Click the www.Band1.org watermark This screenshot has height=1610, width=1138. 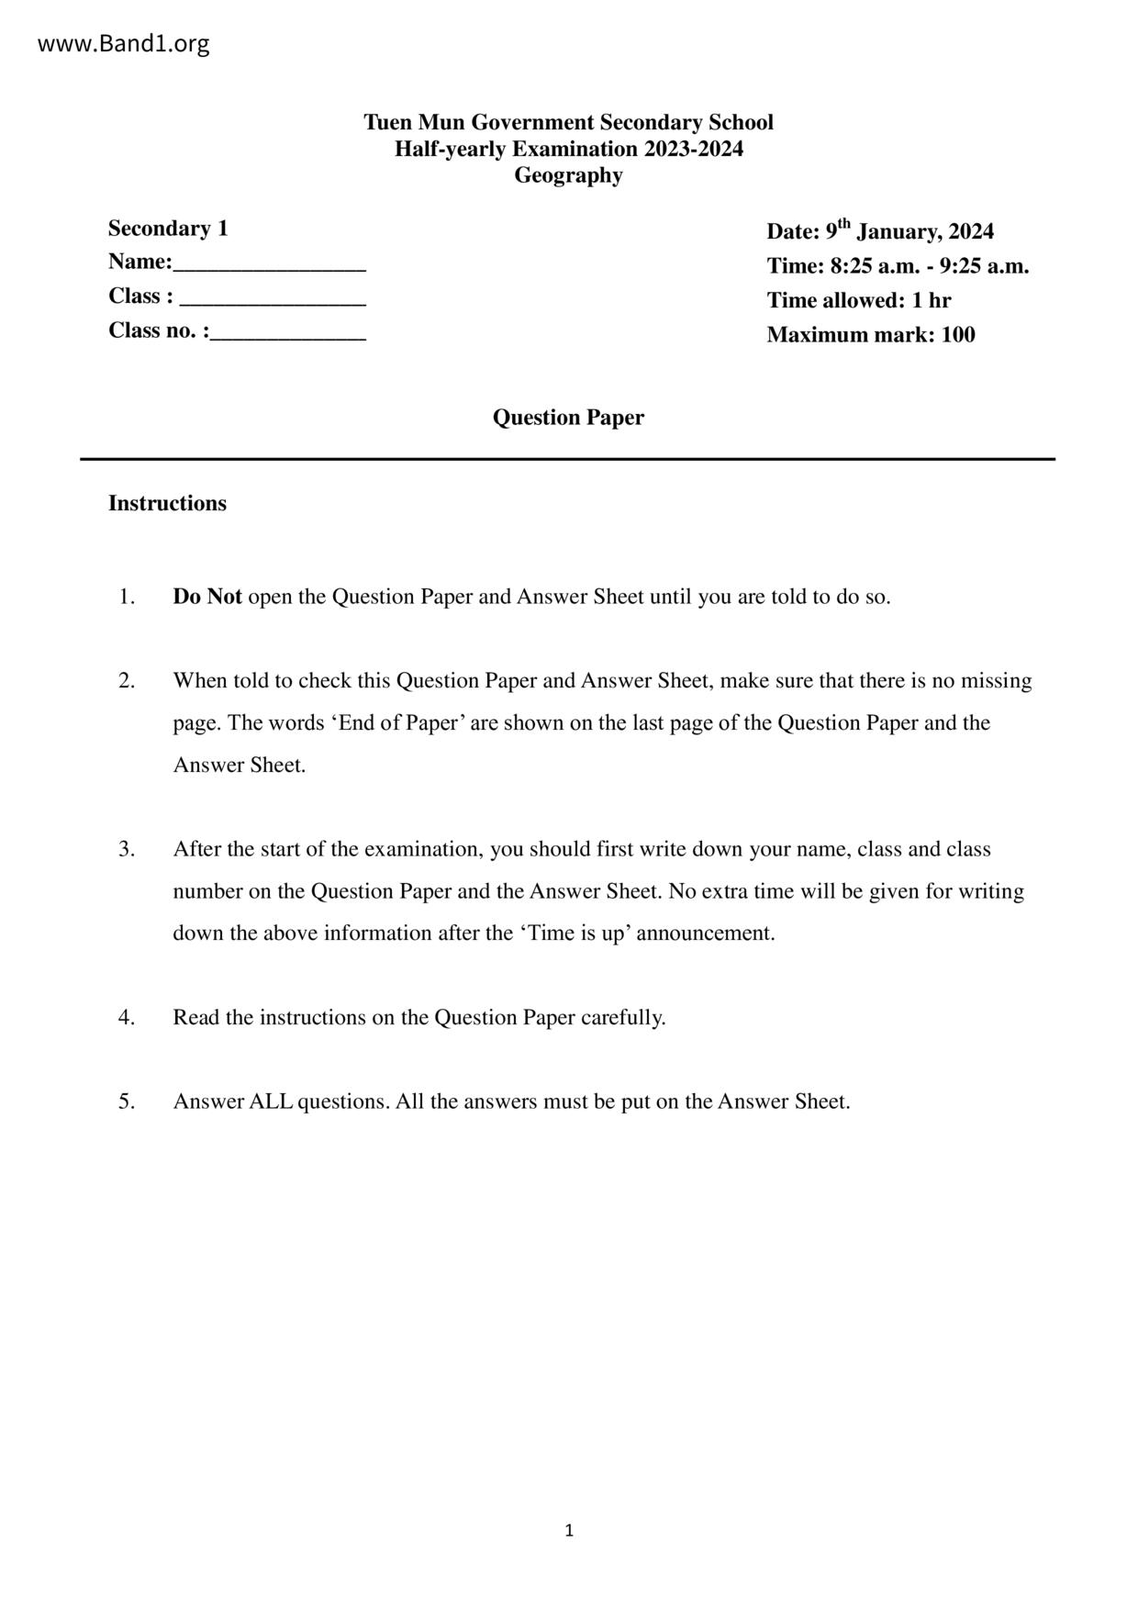pyautogui.click(x=123, y=43)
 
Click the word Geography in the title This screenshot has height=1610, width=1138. pyautogui.click(x=568, y=175)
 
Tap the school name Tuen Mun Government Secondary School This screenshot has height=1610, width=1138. pyautogui.click(x=568, y=122)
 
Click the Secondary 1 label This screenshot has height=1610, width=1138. pyautogui.click(x=168, y=228)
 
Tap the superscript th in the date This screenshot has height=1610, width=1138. pyautogui.click(x=844, y=223)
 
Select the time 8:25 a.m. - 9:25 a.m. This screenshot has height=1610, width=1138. pyautogui.click(x=929, y=266)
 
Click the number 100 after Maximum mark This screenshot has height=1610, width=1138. pyautogui.click(x=958, y=335)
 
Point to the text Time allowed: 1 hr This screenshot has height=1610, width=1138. pyautogui.click(x=858, y=300)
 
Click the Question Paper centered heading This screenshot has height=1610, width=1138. pyautogui.click(x=568, y=418)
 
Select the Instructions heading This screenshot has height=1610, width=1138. pyautogui.click(x=167, y=503)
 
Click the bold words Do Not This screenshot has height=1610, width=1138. pyautogui.click(x=207, y=597)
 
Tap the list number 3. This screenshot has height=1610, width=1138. pyautogui.click(x=127, y=849)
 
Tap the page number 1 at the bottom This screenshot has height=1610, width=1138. pyautogui.click(x=569, y=1530)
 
